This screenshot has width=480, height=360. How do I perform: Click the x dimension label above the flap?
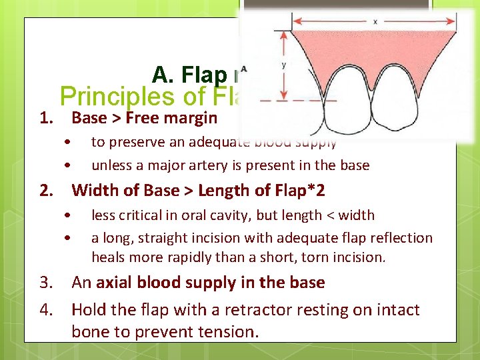tap(375, 21)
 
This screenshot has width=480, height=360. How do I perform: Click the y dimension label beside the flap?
tap(284, 65)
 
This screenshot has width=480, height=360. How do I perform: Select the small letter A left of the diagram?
tap(244, 68)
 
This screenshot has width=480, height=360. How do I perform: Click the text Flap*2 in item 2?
tap(298, 191)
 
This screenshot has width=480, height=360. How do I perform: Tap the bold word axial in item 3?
tap(115, 283)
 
